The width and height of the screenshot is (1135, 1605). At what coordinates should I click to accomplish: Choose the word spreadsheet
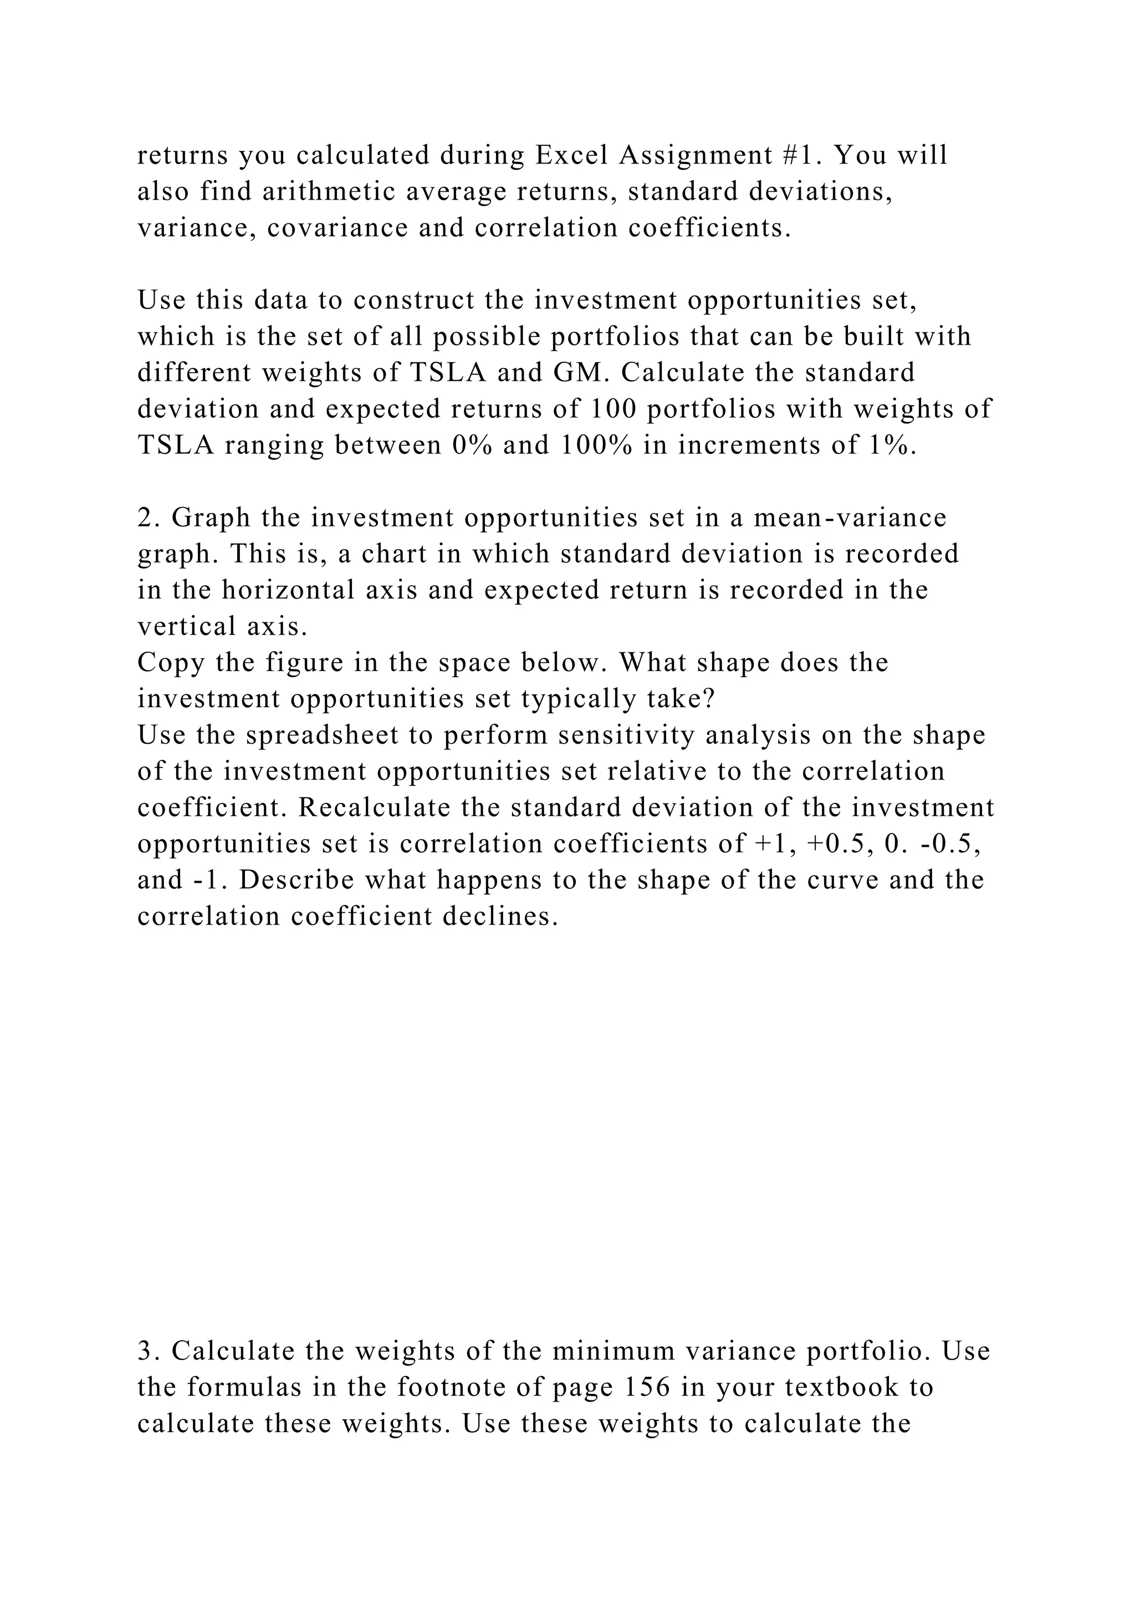pos(338,735)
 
